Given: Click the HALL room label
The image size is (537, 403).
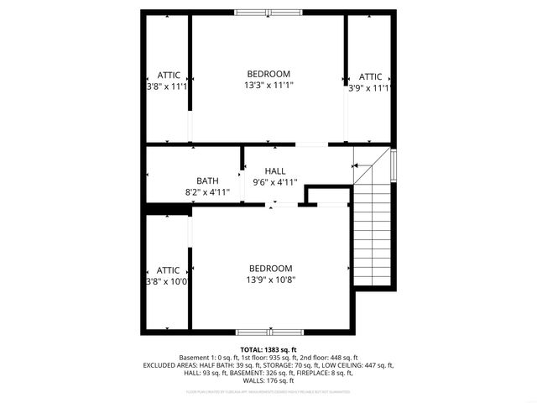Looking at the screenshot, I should click(275, 170).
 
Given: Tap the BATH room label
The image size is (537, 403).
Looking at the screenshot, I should click(207, 181).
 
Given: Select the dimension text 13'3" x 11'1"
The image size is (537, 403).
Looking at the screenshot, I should click(269, 85).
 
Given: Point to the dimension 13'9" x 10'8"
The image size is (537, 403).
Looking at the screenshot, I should click(270, 280).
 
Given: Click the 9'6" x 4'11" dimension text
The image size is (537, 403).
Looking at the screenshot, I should click(275, 181).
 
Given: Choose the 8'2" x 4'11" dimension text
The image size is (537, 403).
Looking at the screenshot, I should click(207, 192).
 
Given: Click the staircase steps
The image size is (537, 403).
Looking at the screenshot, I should click(373, 236).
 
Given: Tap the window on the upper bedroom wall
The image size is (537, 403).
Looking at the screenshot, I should click(269, 13).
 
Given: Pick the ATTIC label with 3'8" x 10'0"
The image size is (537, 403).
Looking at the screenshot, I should click(168, 270).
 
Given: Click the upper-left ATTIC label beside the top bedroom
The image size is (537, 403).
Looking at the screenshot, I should click(168, 76).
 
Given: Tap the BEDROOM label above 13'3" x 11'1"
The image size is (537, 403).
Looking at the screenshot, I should click(268, 73).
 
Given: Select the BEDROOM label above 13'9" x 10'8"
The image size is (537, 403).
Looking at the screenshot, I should click(270, 268).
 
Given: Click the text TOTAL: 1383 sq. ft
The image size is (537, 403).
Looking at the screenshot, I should click(268, 349).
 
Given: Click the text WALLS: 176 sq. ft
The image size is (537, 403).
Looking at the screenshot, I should click(268, 380).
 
